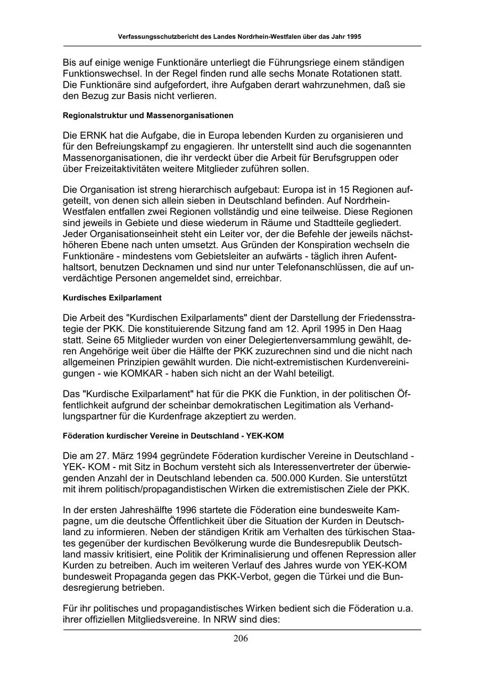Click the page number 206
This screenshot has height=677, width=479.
[241, 638]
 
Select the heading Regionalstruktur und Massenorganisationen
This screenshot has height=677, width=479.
[148, 115]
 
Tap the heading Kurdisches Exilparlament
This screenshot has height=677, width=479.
[112, 298]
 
